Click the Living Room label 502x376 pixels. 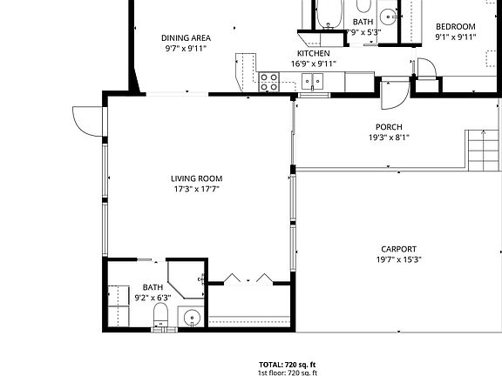point(195,178)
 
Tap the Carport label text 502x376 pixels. point(398,248)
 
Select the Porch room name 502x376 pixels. point(389,126)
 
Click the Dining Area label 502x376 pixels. point(187,37)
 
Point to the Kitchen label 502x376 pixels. point(314,52)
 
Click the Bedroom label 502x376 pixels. point(456,26)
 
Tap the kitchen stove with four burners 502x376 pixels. point(268,82)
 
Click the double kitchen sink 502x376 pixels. point(312,81)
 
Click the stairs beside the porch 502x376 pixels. point(480,150)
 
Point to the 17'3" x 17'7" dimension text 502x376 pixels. point(195,189)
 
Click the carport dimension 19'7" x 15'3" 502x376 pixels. point(399,259)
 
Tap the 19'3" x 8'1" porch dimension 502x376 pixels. point(389,137)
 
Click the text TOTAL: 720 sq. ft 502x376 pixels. point(287,364)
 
